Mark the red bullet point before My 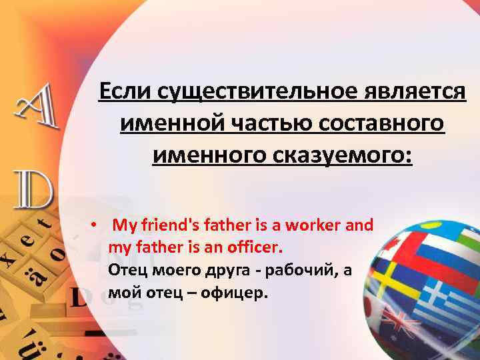[95, 225]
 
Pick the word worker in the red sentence [314, 225]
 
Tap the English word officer [255, 248]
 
